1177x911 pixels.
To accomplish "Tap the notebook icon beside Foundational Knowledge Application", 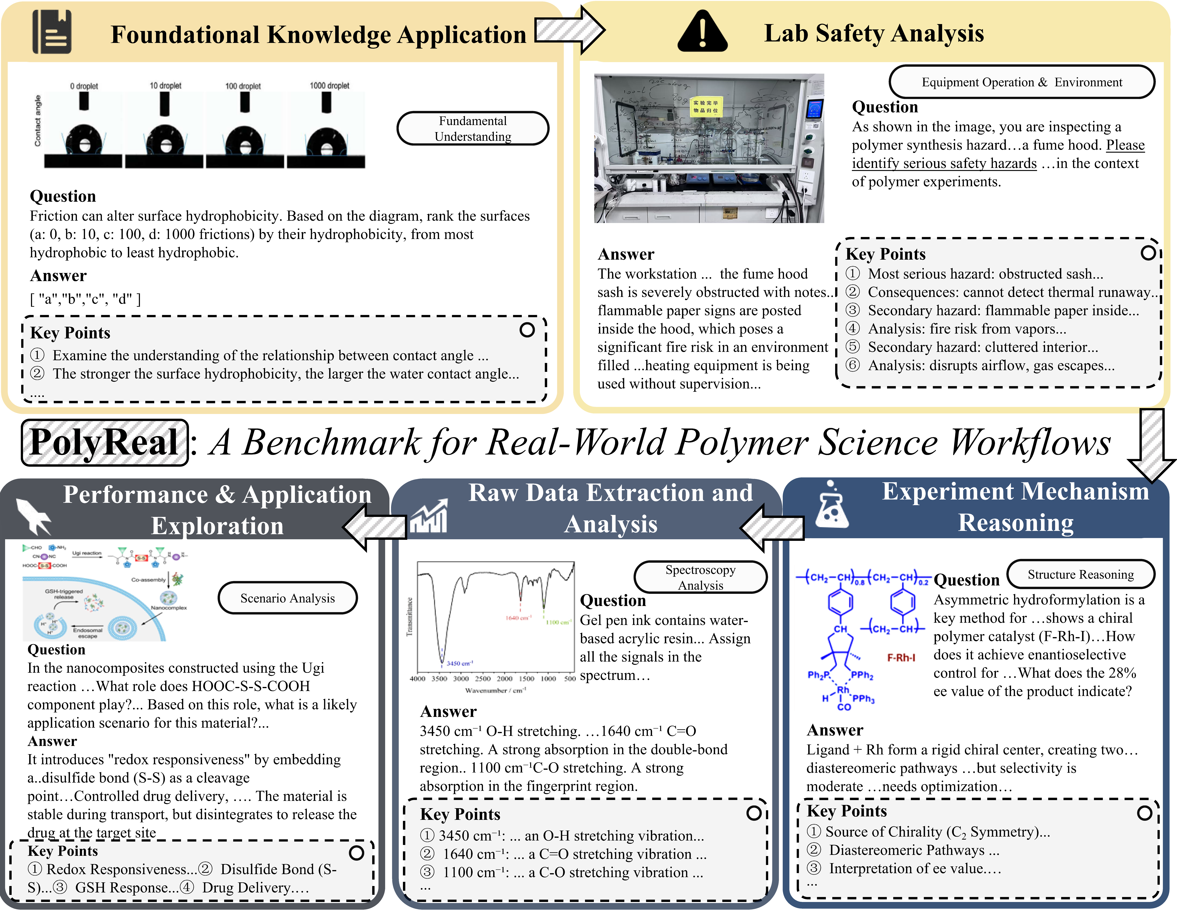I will click(52, 32).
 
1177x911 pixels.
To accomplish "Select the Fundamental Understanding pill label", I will click(473, 128).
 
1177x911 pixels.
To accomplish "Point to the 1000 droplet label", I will click(329, 86).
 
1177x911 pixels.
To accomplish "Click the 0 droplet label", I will click(84, 86).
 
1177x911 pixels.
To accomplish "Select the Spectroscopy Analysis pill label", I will click(700, 577).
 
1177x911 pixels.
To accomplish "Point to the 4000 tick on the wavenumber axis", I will click(418, 679).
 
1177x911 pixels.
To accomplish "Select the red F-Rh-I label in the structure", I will click(901, 658).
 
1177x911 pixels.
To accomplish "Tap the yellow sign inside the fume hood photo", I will click(705, 106).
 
